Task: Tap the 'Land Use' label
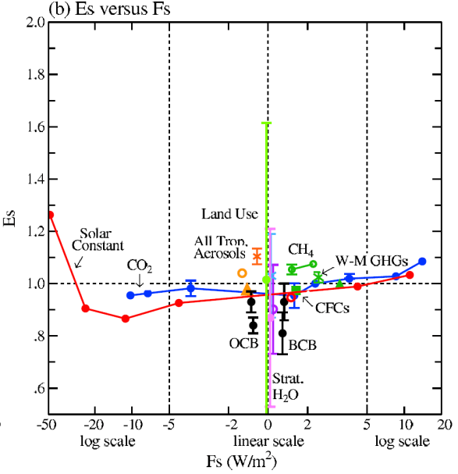tap(225, 213)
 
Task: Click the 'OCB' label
tap(242, 342)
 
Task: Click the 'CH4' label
tap(301, 250)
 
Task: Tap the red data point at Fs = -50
tap(51, 215)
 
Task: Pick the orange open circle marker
tap(242, 273)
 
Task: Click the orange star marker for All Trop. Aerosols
tap(257, 255)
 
